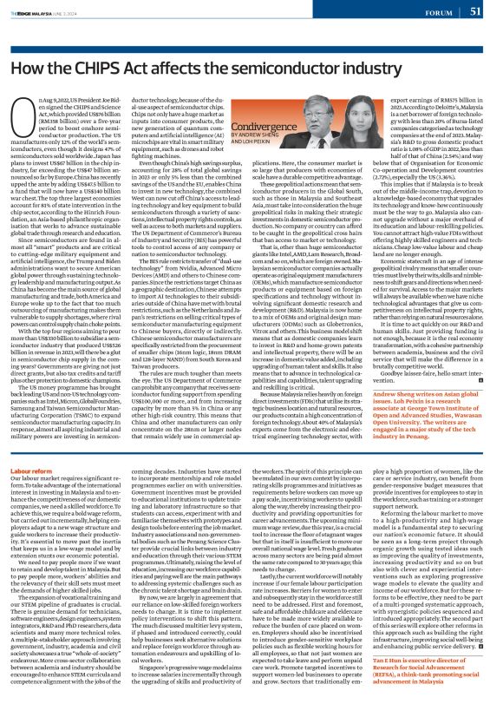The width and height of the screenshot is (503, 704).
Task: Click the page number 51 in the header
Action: click(475, 11)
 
